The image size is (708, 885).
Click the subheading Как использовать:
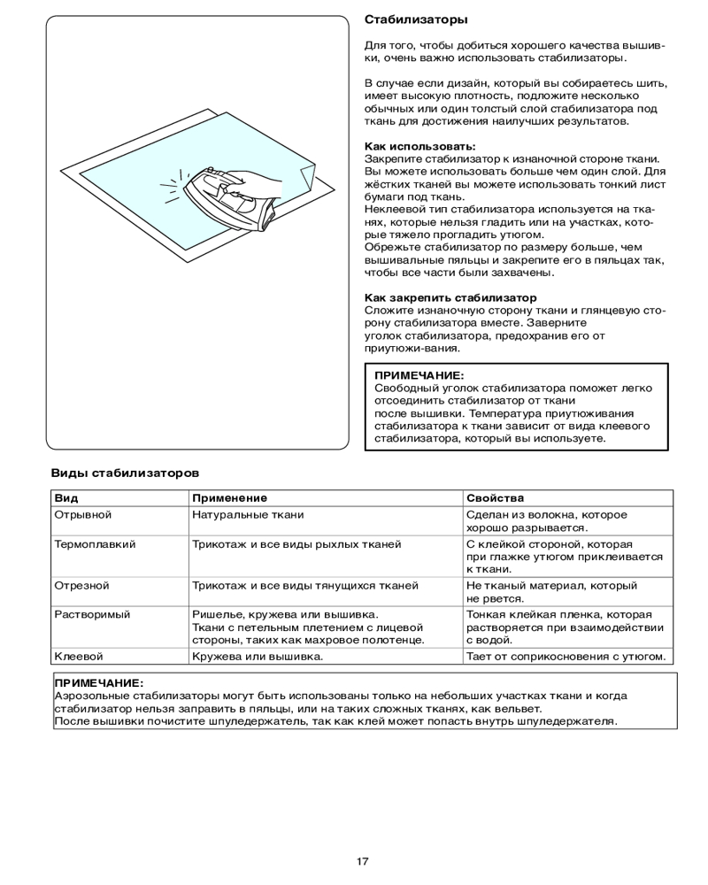click(419, 145)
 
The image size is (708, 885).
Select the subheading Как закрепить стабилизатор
click(450, 298)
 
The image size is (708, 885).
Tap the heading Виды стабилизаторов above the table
click(124, 473)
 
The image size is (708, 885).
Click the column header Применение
click(229, 498)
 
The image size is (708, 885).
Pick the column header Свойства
click(495, 498)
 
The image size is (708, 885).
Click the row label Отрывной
click(83, 514)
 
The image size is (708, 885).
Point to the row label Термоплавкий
click(95, 544)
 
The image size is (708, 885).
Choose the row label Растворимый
click(92, 614)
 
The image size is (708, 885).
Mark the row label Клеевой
click(79, 657)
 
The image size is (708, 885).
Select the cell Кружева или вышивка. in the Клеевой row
click(257, 657)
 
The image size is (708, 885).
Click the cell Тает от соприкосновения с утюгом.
click(565, 657)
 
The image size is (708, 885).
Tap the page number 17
click(363, 861)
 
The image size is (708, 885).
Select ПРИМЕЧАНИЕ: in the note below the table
click(98, 683)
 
